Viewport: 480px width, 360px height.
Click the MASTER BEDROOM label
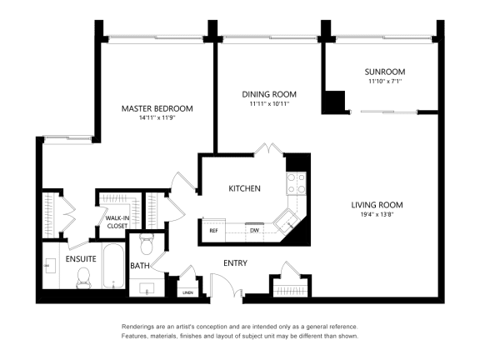click(157, 108)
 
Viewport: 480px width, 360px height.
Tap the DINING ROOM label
click(269, 94)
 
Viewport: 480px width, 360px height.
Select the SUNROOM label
click(384, 71)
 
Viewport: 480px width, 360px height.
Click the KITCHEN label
click(245, 188)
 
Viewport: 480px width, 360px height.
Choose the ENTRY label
click(235, 263)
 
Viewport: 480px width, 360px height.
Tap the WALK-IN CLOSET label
click(117, 221)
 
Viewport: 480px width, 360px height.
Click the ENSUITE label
click(81, 259)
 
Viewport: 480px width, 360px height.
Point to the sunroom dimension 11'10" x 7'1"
click(384, 81)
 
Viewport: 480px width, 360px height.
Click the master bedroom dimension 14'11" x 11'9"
click(157, 118)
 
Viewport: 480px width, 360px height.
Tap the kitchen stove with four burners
click(297, 182)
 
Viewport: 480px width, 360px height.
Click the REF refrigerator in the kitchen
click(213, 230)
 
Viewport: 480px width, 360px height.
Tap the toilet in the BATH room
click(147, 243)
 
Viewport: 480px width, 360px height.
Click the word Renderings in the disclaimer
click(138, 327)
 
